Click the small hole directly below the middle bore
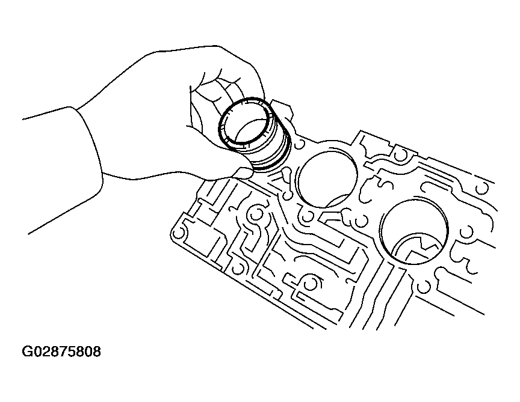click(x=308, y=215)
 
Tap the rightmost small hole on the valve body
click(x=481, y=188)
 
